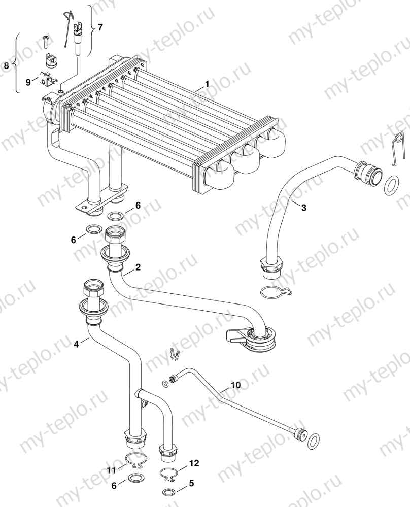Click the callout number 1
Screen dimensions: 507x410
pos(207,83)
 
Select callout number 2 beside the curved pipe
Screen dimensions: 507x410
pos(138,266)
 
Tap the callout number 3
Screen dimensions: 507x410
pos(303,208)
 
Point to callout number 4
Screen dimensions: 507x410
pos(76,344)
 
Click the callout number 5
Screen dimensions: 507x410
pos(191,484)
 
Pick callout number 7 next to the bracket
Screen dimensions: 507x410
pos(100,27)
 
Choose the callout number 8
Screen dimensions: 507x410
pos(6,65)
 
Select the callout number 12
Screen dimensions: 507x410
pos(194,463)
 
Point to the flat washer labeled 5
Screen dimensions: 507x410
pos(167,492)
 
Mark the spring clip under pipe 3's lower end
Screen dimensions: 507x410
pos(274,293)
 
